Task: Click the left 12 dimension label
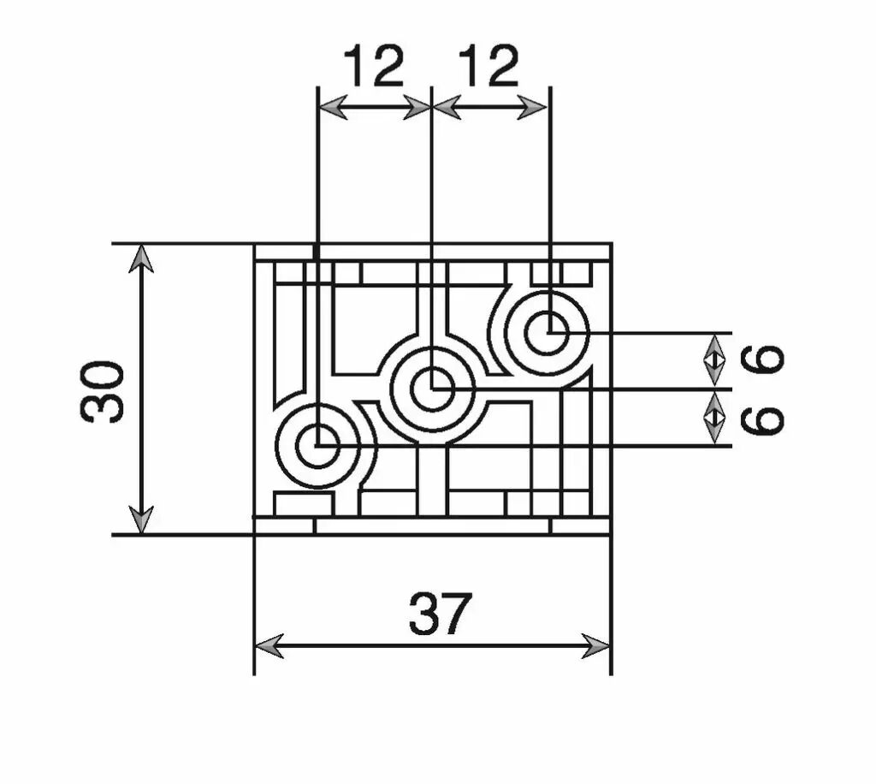tap(373, 66)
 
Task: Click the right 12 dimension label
tap(488, 66)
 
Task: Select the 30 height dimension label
tap(102, 392)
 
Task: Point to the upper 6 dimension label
tap(762, 359)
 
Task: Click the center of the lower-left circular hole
tap(318, 446)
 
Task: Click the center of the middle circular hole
tap(432, 389)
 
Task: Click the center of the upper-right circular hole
tap(547, 332)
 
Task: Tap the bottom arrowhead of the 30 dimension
tap(141, 520)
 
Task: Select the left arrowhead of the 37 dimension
tap(269, 646)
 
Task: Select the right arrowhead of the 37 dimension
tap(596, 646)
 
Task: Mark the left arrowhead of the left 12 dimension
tap(334, 107)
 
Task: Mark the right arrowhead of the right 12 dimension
tap(532, 107)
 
